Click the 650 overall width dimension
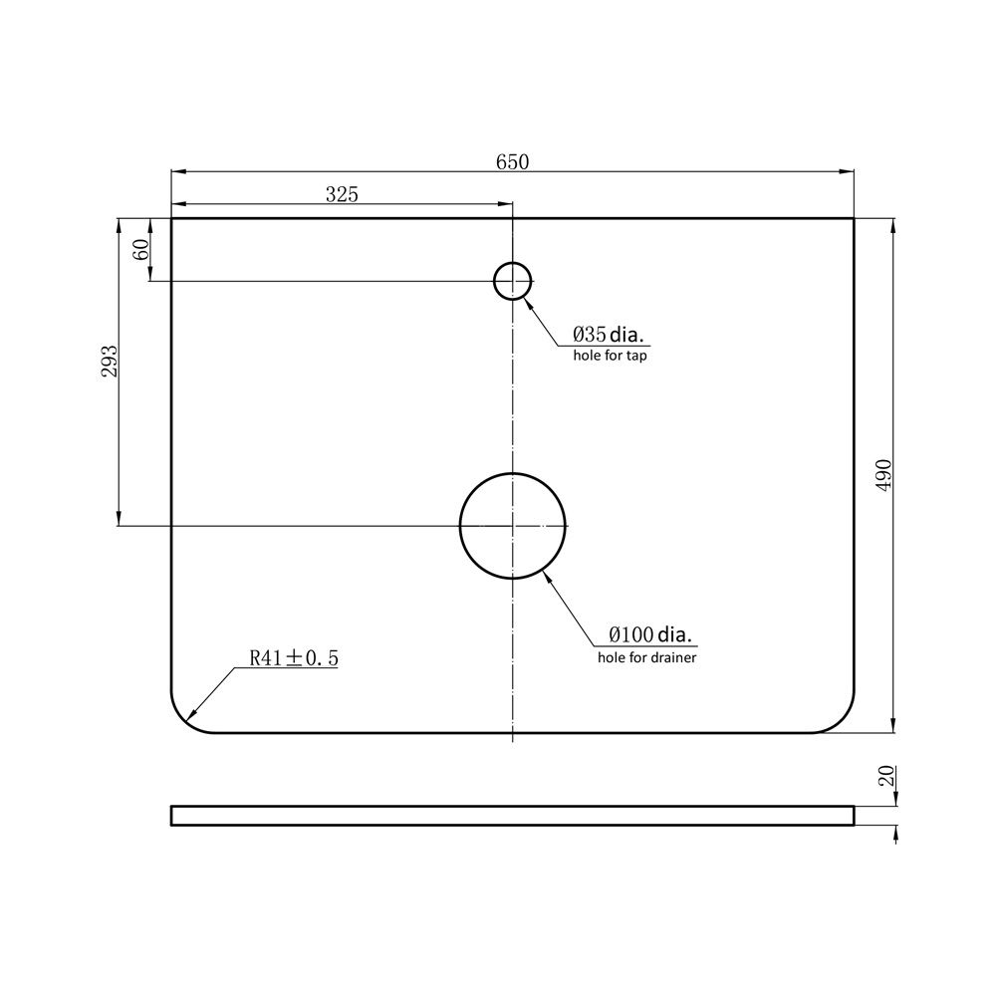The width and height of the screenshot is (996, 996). pyautogui.click(x=512, y=162)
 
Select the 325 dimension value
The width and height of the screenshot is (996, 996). pyautogui.click(x=342, y=194)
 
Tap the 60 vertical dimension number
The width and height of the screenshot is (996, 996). pyautogui.click(x=141, y=250)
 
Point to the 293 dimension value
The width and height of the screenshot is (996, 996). pyautogui.click(x=110, y=361)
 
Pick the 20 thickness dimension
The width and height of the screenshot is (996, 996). pyautogui.click(x=886, y=776)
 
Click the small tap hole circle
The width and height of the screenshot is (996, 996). pyautogui.click(x=513, y=262)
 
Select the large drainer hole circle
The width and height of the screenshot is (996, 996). pyautogui.click(x=513, y=474)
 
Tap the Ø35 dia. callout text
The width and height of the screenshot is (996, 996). pyautogui.click(x=608, y=334)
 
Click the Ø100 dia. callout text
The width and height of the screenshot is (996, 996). pyautogui.click(x=649, y=633)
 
